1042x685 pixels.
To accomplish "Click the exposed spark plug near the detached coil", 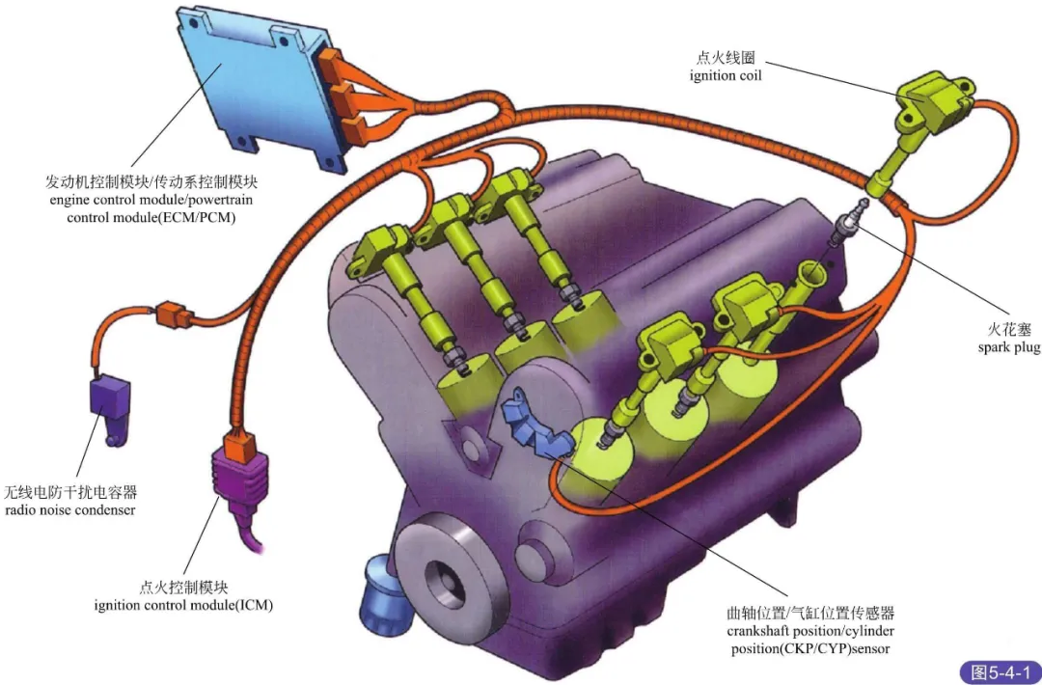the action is tap(848, 220).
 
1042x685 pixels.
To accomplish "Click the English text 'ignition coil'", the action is tap(726, 75).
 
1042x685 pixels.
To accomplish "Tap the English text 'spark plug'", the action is tap(1008, 347).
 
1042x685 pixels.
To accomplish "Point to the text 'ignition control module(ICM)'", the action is tap(183, 605).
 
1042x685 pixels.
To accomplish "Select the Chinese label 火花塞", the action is tap(1008, 329).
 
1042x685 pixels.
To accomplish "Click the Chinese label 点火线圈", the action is tap(726, 57).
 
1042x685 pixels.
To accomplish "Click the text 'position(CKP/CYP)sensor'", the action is tap(810, 648).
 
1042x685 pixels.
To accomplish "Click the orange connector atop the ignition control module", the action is tap(237, 446).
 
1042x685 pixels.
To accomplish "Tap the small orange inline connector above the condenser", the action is tap(169, 312).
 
